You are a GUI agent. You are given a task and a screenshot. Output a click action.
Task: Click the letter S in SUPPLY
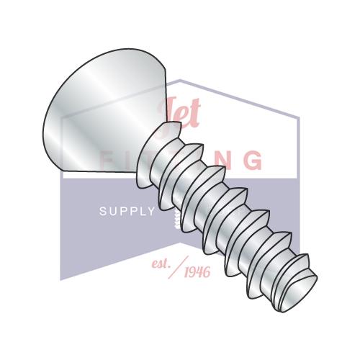tap(102, 212)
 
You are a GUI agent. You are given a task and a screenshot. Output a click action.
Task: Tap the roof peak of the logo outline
tap(181, 80)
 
